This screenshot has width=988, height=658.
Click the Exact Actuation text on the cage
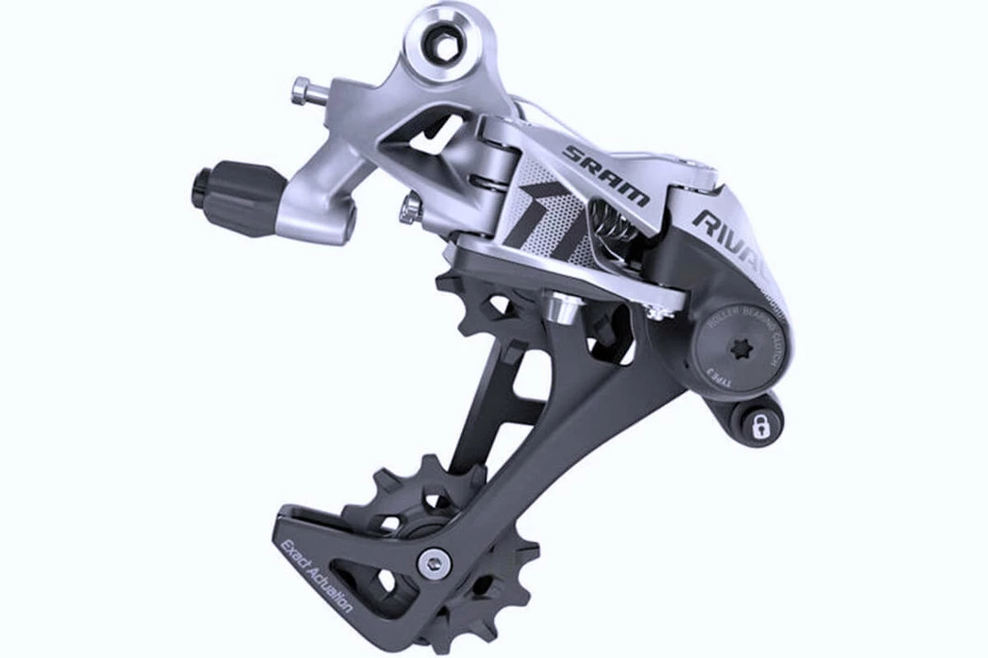pos(316,576)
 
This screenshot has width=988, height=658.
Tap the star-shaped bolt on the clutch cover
pos(736,351)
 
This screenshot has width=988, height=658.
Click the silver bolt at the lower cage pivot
pos(434,563)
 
